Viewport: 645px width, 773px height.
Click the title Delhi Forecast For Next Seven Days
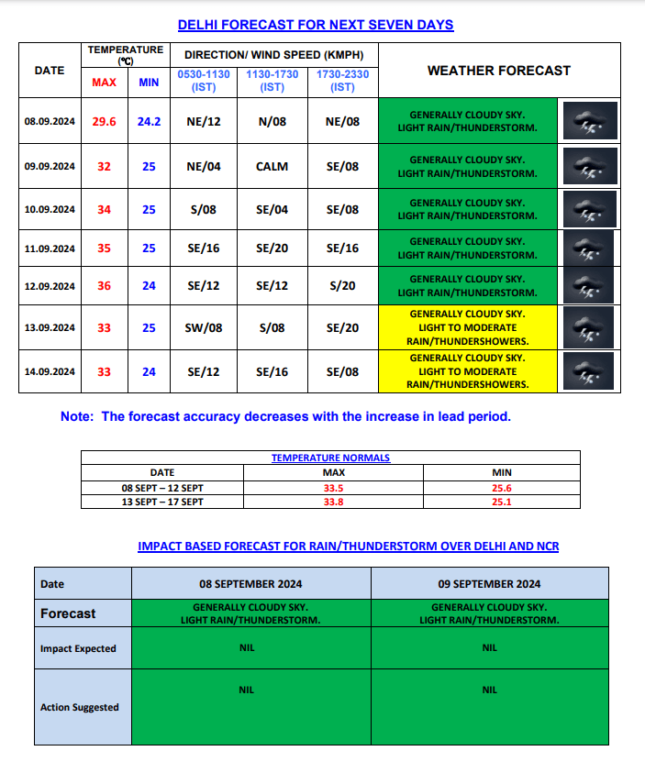click(x=316, y=25)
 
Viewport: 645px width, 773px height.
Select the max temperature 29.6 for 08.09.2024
click(x=104, y=122)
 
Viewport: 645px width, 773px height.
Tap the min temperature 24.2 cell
click(x=149, y=122)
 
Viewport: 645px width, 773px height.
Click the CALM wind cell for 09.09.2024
click(x=272, y=167)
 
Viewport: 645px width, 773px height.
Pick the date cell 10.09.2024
click(x=50, y=209)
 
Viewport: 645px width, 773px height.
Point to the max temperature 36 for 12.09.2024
click(x=104, y=286)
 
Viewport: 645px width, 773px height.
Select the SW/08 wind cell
click(x=204, y=328)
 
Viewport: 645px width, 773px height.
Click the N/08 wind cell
click(x=272, y=122)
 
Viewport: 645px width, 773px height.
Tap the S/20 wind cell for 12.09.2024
click(x=342, y=286)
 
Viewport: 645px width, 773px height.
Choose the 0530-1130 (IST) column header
click(x=204, y=81)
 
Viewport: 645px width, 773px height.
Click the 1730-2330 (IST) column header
click(x=342, y=81)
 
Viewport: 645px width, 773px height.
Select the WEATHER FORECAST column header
click(x=499, y=71)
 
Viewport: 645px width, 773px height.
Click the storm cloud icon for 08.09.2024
click(x=587, y=122)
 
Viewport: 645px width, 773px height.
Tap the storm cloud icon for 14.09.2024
click(x=587, y=372)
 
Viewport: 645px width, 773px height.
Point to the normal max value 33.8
click(x=334, y=502)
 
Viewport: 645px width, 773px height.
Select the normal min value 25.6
click(x=502, y=489)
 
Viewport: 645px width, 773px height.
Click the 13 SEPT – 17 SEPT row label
click(x=162, y=502)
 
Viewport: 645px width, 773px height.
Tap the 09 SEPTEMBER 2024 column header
click(x=489, y=584)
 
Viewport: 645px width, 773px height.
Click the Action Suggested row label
click(x=80, y=707)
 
